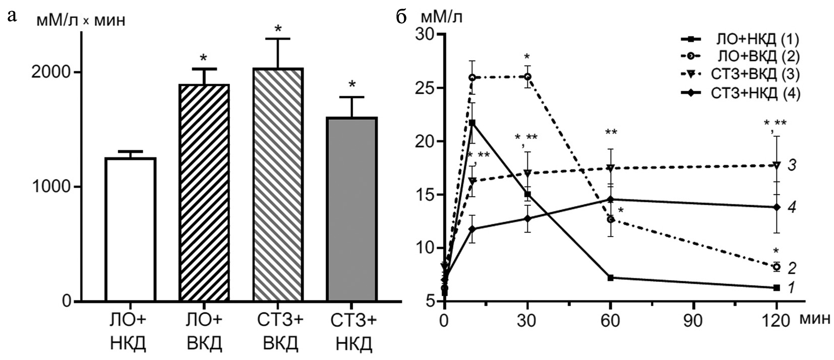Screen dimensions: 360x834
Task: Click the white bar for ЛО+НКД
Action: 130,229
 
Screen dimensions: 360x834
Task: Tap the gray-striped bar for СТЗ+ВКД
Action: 278,185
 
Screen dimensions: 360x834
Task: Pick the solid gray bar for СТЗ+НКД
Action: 352,209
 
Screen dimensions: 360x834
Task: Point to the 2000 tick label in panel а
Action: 50,72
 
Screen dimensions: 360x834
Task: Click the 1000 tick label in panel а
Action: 50,187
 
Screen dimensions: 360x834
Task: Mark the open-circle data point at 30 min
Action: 527,77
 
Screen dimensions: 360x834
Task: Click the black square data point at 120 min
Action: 777,287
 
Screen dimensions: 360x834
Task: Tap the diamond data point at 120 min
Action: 777,207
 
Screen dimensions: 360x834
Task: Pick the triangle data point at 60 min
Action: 610,168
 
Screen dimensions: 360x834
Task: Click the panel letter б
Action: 401,17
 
